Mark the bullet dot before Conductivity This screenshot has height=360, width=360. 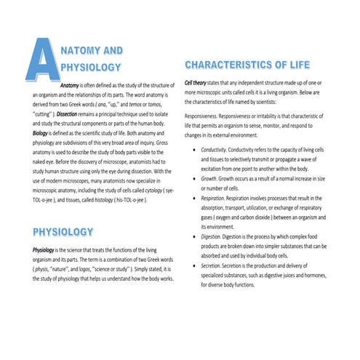[x=191, y=148]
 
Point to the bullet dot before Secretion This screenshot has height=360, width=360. [x=191, y=267]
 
